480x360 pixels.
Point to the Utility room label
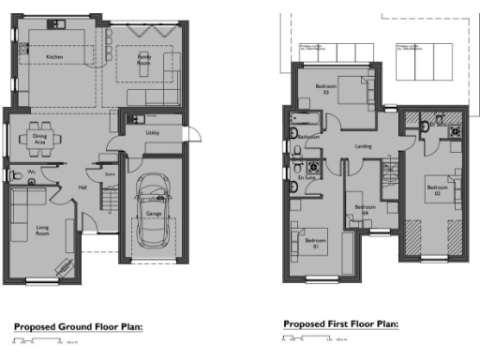pyautogui.click(x=152, y=133)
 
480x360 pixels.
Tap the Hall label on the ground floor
pyautogui.click(x=82, y=186)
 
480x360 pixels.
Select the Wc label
pyautogui.click(x=31, y=172)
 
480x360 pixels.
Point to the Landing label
pyautogui.click(x=366, y=146)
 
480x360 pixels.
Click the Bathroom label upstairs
pyautogui.click(x=309, y=137)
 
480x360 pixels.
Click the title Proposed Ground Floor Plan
pyautogui.click(x=77, y=326)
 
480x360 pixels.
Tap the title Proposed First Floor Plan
pyautogui.click(x=341, y=323)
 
